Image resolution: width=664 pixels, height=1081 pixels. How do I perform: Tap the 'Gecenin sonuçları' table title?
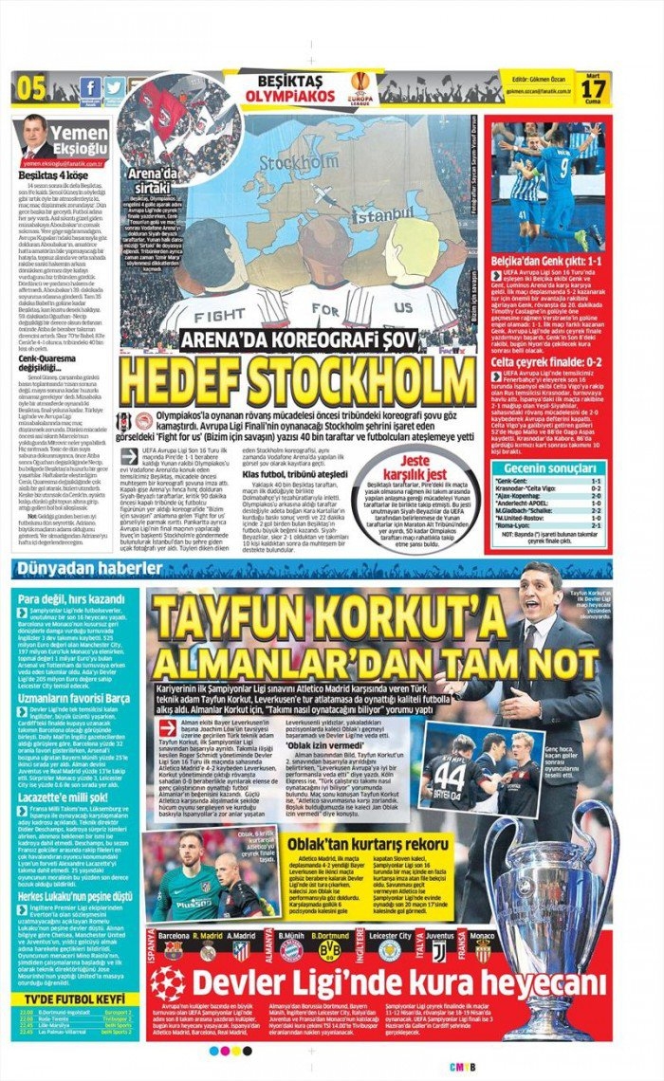tap(549, 468)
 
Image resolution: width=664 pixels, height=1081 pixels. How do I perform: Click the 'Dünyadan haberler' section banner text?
tap(102, 569)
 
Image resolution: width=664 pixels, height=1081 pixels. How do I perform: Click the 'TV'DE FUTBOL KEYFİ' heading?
tap(74, 999)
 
